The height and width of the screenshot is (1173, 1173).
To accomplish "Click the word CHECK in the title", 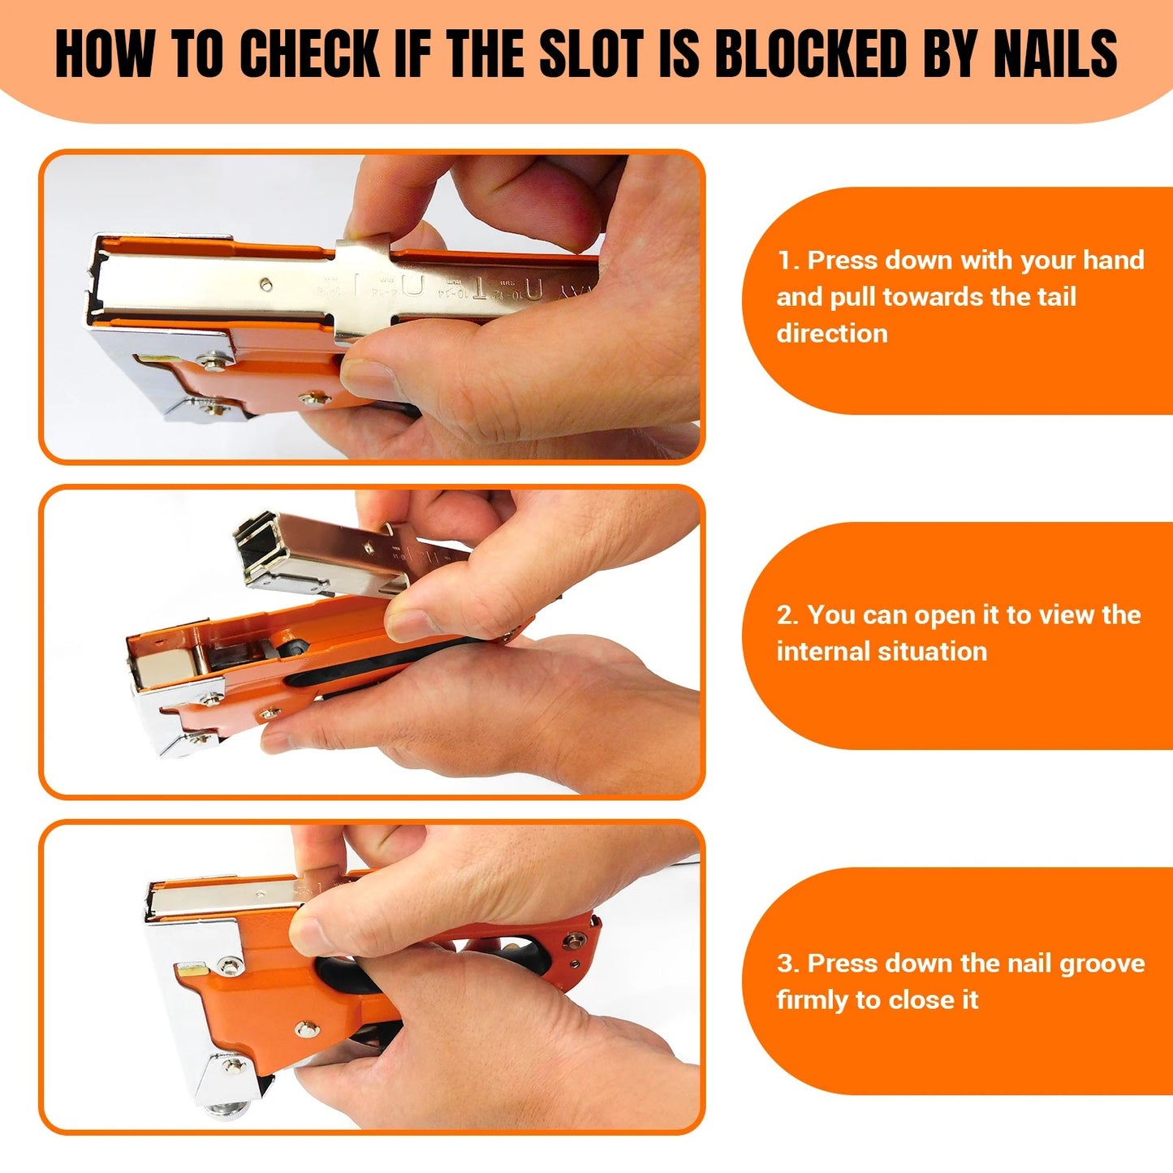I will tap(310, 54).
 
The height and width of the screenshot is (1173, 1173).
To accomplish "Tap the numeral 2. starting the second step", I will tap(787, 615).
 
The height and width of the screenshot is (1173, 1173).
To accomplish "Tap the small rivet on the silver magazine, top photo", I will tap(266, 284).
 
